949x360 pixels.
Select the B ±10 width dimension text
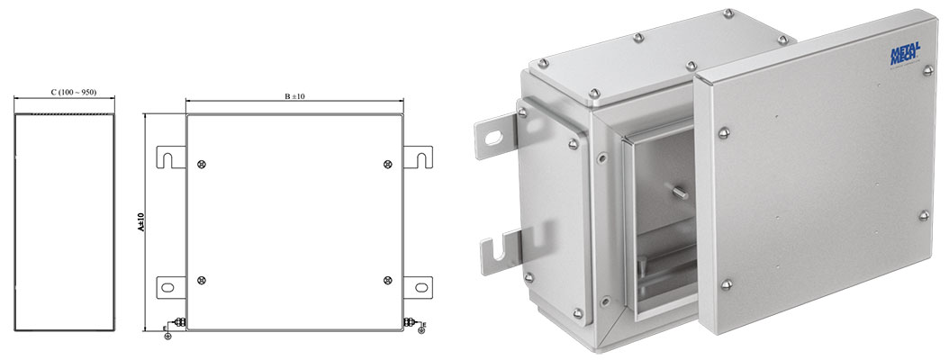click(294, 96)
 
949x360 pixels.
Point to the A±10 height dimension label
click(140, 222)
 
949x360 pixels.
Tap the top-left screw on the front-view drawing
click(201, 164)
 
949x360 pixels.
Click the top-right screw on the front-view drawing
click(387, 164)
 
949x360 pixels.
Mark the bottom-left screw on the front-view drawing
click(201, 280)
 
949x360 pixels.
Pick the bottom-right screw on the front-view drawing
click(387, 280)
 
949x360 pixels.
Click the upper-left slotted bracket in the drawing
click(171, 156)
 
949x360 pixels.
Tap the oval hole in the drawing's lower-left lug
click(168, 286)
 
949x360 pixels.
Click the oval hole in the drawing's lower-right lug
click(420, 286)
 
